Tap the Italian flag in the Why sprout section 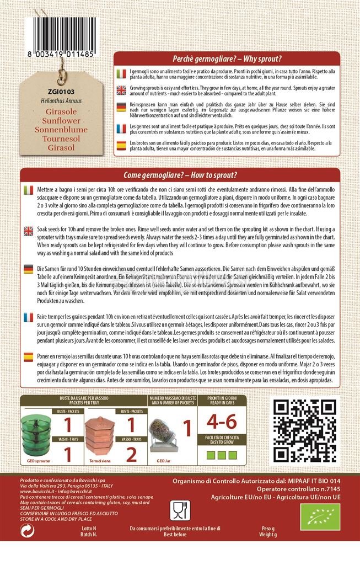[x=122, y=74]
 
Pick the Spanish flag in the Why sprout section [x=122, y=146]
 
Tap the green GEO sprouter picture [x=35, y=434]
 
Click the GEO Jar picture [x=165, y=434]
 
